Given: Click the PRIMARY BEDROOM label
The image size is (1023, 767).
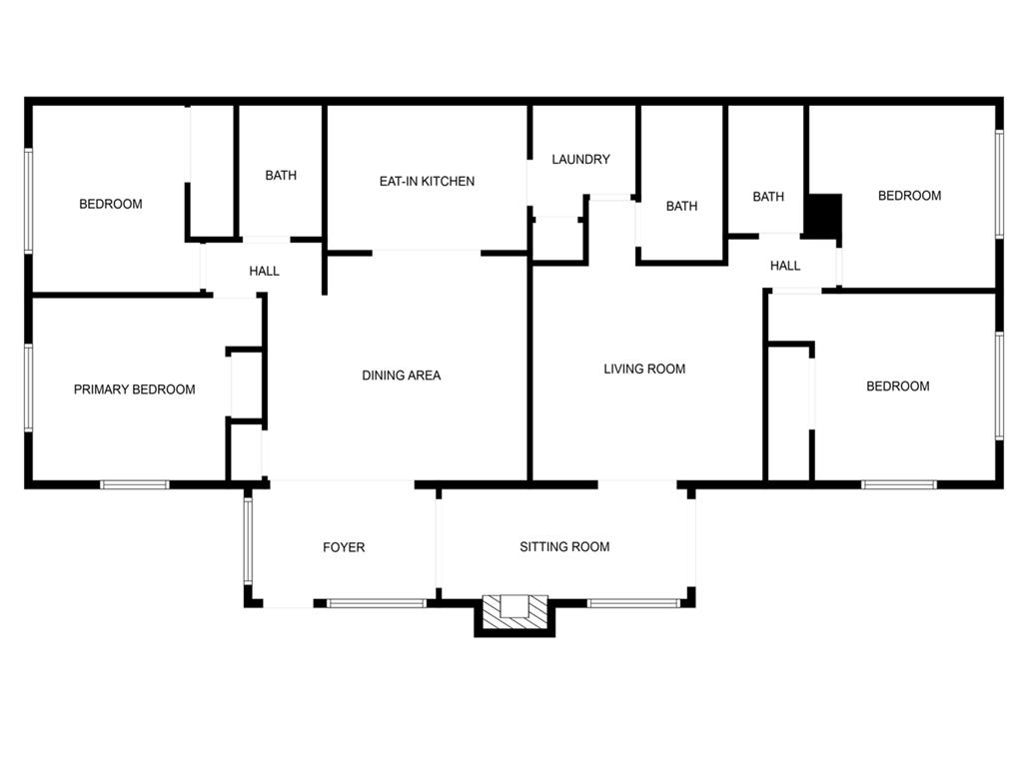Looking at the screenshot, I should pyautogui.click(x=135, y=389).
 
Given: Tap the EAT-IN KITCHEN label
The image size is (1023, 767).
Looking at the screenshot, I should pyautogui.click(x=427, y=181).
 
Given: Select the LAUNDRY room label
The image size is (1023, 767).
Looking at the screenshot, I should pyautogui.click(x=580, y=159).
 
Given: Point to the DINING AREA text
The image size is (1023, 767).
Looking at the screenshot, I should pyautogui.click(x=401, y=376).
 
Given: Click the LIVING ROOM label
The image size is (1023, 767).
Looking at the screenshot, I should pyautogui.click(x=644, y=369).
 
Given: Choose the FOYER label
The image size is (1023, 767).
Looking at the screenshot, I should pyautogui.click(x=344, y=547).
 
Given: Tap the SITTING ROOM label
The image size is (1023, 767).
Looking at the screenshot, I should pyautogui.click(x=564, y=546).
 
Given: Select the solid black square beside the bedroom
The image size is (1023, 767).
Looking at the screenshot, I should pyautogui.click(x=824, y=216).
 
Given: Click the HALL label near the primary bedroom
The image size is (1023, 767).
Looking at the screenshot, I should pyautogui.click(x=265, y=271).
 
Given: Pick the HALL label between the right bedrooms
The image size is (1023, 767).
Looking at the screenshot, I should pyautogui.click(x=785, y=266).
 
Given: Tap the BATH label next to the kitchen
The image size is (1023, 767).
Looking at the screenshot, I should pyautogui.click(x=281, y=176).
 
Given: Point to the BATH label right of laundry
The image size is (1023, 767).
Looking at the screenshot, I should pyautogui.click(x=682, y=207).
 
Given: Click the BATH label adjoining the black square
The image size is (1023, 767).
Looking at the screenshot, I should pyautogui.click(x=768, y=197).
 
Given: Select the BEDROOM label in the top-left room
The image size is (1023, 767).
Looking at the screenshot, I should pyautogui.click(x=111, y=204).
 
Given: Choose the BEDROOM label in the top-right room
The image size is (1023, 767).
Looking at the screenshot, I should pyautogui.click(x=909, y=196).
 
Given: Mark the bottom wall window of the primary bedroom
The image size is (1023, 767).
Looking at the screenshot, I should pyautogui.click(x=135, y=485).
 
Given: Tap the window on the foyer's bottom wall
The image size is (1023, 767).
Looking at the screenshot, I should pyautogui.click(x=377, y=603).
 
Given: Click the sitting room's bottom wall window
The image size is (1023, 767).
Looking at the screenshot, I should pyautogui.click(x=633, y=603).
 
